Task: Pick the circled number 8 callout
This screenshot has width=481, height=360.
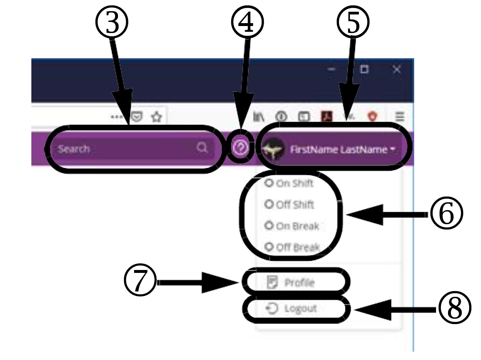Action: tap(454, 309)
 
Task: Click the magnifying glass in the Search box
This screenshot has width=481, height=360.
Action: tap(202, 148)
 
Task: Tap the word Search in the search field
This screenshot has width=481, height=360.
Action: tap(74, 149)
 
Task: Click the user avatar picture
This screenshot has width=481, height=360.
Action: tap(273, 149)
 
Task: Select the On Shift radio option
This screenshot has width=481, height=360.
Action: tap(269, 183)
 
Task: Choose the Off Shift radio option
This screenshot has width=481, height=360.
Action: tap(269, 204)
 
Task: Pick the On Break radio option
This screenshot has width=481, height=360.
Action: tap(269, 226)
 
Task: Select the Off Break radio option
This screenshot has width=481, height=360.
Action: tap(269, 247)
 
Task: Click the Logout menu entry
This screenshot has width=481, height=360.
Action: tap(295, 308)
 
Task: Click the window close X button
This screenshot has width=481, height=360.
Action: tap(396, 70)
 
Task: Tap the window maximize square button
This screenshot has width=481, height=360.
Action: tap(364, 70)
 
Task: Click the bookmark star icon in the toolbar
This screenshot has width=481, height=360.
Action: tap(156, 117)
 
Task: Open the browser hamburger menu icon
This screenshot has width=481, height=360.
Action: tap(400, 117)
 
